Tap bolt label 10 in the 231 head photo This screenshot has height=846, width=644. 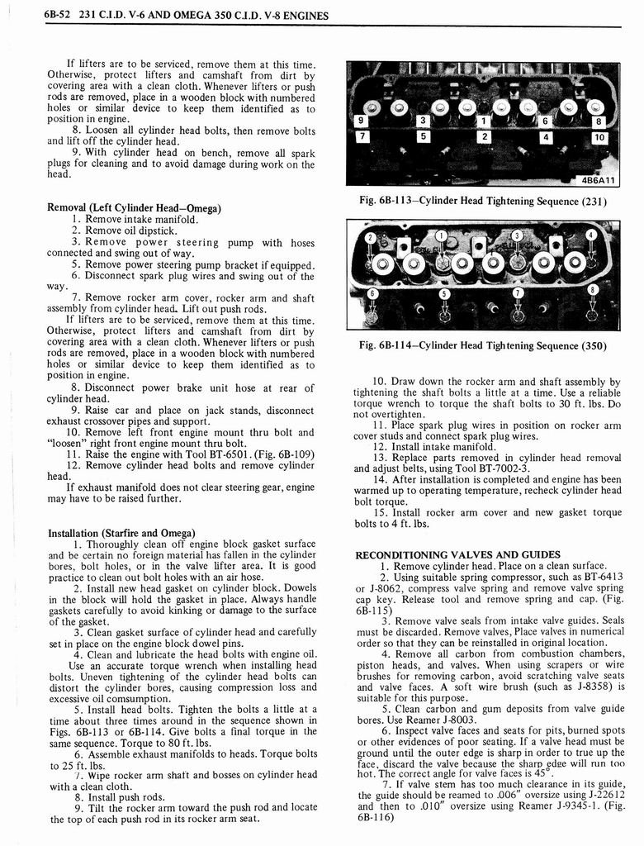pyautogui.click(x=600, y=137)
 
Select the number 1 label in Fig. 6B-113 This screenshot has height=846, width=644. pyautogui.click(x=485, y=121)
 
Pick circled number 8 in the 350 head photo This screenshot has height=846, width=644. pyautogui.click(x=592, y=289)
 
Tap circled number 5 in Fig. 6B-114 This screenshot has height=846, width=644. pyautogui.click(x=444, y=293)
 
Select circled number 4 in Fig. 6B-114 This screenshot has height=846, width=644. pyautogui.click(x=590, y=234)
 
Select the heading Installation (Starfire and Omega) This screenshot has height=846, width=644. pyautogui.click(x=121, y=532)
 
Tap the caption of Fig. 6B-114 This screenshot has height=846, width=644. pyautogui.click(x=482, y=346)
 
